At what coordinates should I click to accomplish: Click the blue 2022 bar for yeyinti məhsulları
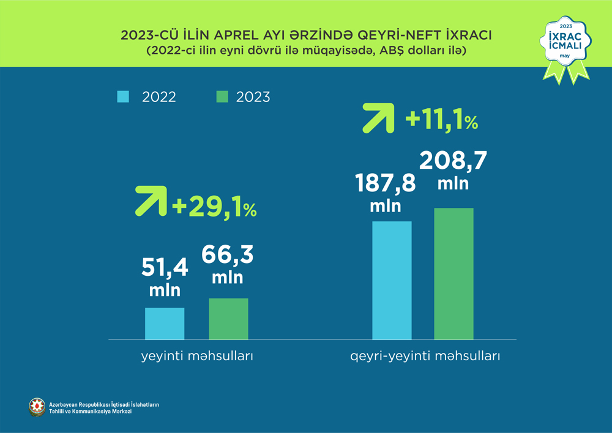(165, 324)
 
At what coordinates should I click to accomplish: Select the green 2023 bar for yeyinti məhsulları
(228, 319)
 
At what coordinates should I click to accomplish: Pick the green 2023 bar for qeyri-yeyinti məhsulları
(453, 273)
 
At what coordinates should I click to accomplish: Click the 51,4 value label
(165, 267)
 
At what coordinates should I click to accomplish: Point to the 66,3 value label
(227, 254)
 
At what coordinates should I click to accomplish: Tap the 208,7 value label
(453, 161)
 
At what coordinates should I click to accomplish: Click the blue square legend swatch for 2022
(122, 97)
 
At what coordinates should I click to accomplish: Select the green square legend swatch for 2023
(222, 97)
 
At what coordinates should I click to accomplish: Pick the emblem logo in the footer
(37, 407)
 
